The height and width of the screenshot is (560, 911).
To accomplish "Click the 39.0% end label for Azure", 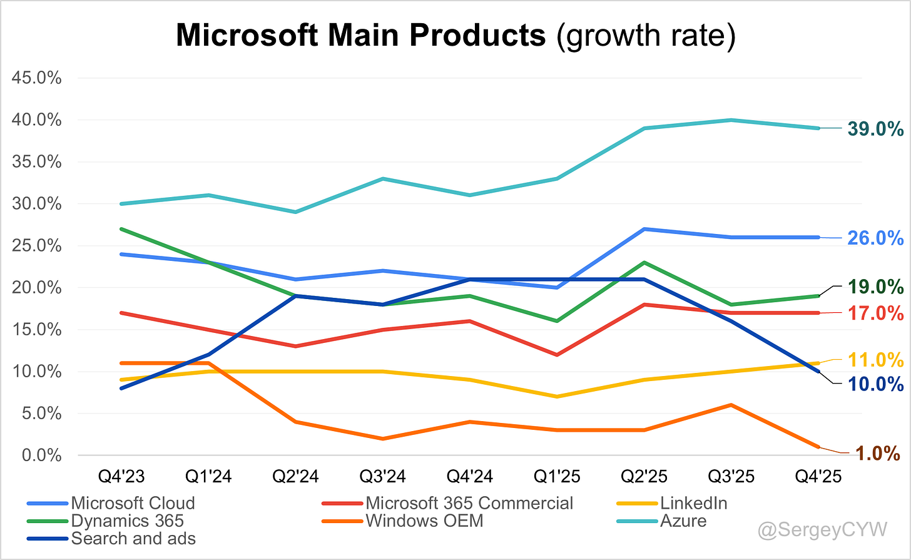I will [875, 129].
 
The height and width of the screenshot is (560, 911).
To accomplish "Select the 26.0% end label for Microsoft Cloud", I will [875, 238].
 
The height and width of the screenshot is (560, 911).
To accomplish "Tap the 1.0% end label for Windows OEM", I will [878, 453].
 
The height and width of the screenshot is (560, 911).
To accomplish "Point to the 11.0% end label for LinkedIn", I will [875, 360].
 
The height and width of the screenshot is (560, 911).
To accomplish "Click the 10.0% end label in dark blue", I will [875, 384].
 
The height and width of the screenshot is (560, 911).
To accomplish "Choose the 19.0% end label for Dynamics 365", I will [875, 287].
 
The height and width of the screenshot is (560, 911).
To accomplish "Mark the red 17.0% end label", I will [875, 312].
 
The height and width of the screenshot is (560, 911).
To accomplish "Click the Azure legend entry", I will [683, 521].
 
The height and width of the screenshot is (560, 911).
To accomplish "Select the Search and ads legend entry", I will [133, 538].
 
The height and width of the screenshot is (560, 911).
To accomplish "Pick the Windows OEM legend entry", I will [424, 521].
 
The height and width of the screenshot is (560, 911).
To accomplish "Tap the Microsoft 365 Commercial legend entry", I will [469, 503].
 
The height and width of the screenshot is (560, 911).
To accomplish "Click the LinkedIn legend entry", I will [693, 503].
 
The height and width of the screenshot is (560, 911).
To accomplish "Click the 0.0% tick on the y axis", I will [42, 456].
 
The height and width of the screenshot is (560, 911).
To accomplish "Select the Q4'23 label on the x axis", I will [121, 477].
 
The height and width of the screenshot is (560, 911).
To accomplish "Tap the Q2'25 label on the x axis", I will [644, 477].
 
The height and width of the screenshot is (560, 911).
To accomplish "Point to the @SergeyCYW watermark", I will [822, 530].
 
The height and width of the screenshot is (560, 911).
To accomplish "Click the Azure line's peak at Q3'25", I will [731, 120].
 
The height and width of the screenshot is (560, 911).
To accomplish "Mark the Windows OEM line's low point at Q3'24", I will [383, 439].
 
